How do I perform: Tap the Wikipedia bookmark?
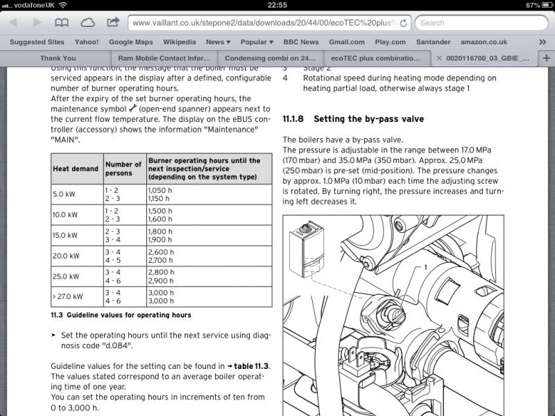pyautogui.click(x=179, y=42)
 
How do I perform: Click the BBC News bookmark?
pyautogui.click(x=300, y=42)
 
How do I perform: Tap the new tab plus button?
pyautogui.click(x=547, y=59)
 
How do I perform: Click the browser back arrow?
pyautogui.click(x=12, y=23)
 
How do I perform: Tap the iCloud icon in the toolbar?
pyautogui.click(x=88, y=23)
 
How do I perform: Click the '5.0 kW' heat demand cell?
pyautogui.click(x=65, y=195)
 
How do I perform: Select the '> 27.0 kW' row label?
pyautogui.click(x=67, y=297)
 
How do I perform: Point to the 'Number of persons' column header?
pyautogui.click(x=123, y=168)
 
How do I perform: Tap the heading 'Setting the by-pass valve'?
pyautogui.click(x=368, y=119)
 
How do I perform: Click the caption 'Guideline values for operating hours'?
pyautogui.click(x=121, y=315)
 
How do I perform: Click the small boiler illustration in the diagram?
pyautogui.click(x=306, y=244)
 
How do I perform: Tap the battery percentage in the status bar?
pyautogui.click(x=532, y=5)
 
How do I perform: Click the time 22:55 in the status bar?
pyautogui.click(x=277, y=5)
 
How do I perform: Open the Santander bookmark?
pyautogui.click(x=433, y=42)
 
